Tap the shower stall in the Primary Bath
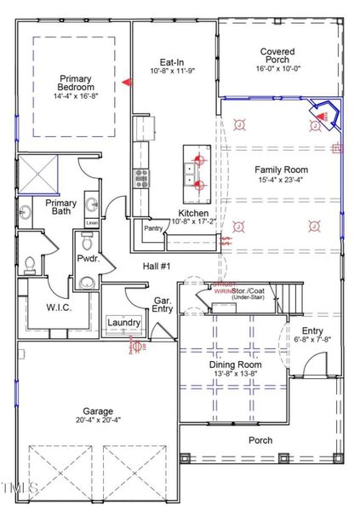tap(37, 175)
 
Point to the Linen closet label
tap(90, 222)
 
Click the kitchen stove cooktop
tap(140, 178)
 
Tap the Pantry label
tap(154, 228)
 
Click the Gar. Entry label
tap(163, 305)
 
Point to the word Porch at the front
tap(260, 440)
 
